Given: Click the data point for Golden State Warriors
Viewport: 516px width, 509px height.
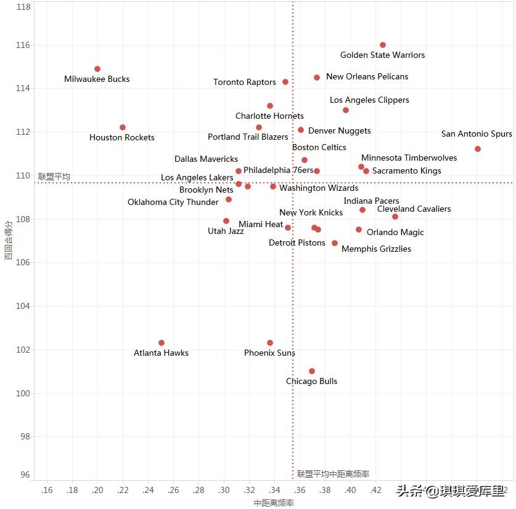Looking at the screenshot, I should point(383,45).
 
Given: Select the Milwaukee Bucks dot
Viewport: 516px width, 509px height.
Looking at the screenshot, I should point(97,69).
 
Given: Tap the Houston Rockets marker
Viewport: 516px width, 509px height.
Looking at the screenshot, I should point(123,127).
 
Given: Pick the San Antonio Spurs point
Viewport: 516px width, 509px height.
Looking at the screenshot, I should point(478,149).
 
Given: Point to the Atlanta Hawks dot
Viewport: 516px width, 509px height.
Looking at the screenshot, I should point(162,343).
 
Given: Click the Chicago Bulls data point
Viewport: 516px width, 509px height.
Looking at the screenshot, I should point(312,371).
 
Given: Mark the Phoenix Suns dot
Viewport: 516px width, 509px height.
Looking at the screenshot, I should point(270,343).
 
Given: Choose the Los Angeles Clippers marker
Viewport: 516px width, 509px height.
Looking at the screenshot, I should point(346,110).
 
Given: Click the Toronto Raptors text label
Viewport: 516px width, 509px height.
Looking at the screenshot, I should point(245,82).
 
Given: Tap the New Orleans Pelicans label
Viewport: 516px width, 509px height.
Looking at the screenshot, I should point(367,77).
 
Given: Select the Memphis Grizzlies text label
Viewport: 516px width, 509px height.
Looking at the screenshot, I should point(376,249).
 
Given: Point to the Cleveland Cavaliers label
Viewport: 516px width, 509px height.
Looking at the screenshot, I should point(414,209).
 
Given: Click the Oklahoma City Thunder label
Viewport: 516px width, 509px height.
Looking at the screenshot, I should point(173,202).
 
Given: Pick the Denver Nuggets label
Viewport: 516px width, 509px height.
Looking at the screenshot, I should point(340,131).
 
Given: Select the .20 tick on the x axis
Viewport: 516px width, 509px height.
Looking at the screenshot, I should point(97,491).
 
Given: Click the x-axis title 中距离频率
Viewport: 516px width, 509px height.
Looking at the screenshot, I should point(274,503).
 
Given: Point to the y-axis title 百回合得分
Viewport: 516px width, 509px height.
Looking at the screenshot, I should point(8,241).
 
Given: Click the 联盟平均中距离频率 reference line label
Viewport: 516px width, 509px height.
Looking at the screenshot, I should point(333,474).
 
